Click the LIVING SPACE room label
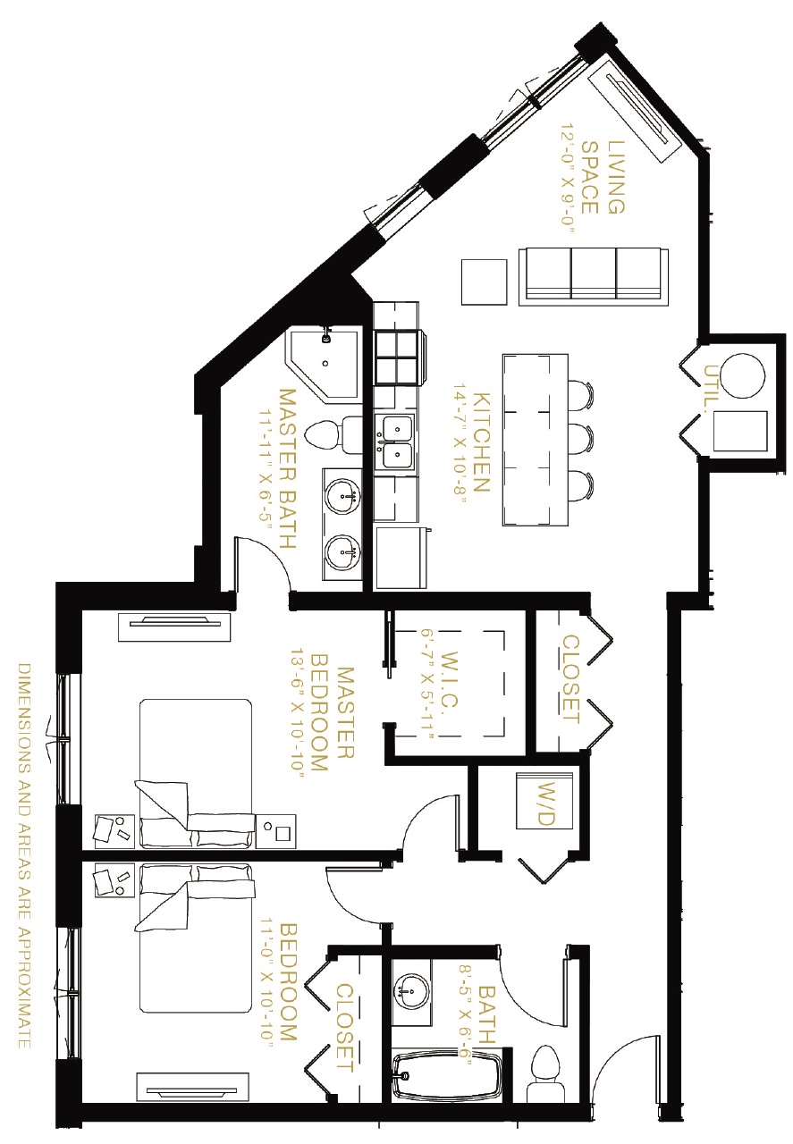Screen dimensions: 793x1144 coord(603,177)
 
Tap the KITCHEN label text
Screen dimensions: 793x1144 coord(482,442)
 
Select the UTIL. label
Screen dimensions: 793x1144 coord(712,383)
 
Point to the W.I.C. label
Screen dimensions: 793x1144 coord(449,678)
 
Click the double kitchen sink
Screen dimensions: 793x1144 coord(395,442)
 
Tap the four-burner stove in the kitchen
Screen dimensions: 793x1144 coord(398,357)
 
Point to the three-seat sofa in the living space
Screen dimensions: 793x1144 coord(594,277)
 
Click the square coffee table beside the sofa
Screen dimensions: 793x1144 coord(484,282)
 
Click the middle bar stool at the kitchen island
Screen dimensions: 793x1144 coord(581,439)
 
